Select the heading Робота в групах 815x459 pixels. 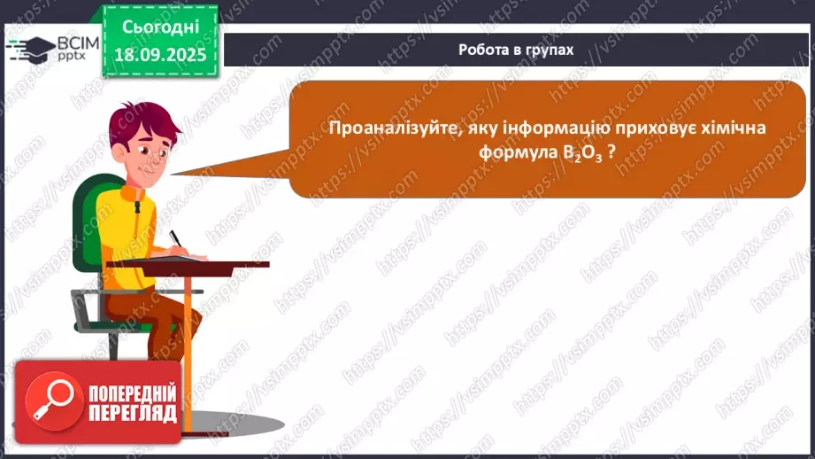[x=516, y=50]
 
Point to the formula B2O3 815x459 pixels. [x=581, y=153]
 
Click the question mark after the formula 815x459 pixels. [x=611, y=152]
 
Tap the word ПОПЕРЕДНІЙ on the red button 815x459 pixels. [x=133, y=393]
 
